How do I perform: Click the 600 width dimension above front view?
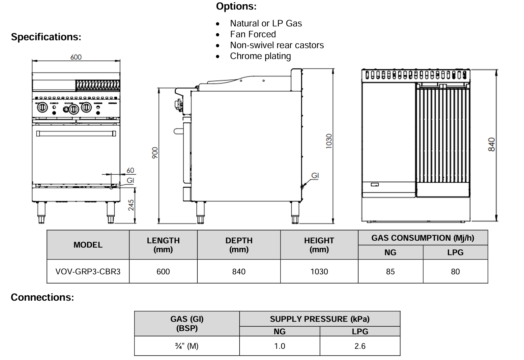point(76,57)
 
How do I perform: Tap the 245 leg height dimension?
point(131,205)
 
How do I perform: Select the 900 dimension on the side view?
point(155,153)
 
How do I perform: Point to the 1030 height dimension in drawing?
point(329,141)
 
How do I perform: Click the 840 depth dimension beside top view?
point(491,145)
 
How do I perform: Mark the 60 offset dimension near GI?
point(131,170)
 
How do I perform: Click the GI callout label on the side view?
point(315,176)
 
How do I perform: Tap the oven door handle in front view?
point(76,134)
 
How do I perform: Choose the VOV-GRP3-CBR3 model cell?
point(88,272)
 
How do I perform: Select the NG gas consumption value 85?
point(390,272)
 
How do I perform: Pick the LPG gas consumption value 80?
point(455,272)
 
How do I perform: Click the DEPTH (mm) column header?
point(239,245)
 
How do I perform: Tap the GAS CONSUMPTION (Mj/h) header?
point(422,238)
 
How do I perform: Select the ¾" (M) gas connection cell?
point(187,346)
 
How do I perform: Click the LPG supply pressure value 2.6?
point(360,346)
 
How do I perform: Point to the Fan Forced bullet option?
point(253,34)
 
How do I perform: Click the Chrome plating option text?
point(260,56)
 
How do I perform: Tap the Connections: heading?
point(43,297)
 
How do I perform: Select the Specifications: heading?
point(46,37)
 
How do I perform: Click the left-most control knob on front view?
point(42,107)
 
